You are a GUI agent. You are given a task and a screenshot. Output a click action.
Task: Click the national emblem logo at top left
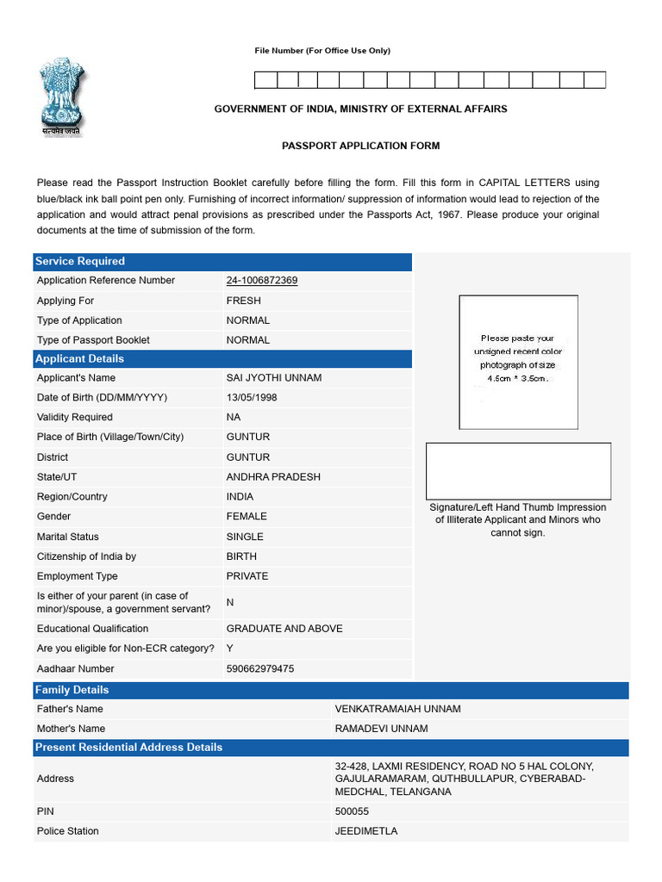click(x=59, y=96)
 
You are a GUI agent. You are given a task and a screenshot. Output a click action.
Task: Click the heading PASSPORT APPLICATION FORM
click(x=360, y=146)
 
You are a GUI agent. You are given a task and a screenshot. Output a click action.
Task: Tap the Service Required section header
click(x=79, y=261)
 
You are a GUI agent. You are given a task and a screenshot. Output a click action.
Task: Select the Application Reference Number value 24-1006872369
click(x=262, y=281)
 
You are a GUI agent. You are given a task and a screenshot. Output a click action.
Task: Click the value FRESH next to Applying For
click(x=243, y=301)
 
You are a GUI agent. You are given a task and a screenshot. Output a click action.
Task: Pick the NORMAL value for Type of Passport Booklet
click(x=247, y=340)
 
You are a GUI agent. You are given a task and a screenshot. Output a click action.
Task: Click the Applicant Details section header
click(x=78, y=358)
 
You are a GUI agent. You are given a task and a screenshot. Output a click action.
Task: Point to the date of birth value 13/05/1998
click(x=252, y=398)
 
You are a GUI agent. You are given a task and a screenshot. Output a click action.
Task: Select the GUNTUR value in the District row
click(x=247, y=457)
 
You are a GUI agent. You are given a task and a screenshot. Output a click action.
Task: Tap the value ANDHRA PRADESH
click(x=272, y=477)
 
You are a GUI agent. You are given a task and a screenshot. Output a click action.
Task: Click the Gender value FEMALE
click(x=247, y=517)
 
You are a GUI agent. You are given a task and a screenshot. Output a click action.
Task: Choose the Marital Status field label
click(x=67, y=537)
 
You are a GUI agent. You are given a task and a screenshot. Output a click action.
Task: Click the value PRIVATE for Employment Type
click(x=247, y=576)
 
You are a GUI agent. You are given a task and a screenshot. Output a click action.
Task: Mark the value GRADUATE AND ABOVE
click(x=284, y=629)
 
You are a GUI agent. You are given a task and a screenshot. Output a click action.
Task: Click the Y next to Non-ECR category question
click(x=230, y=649)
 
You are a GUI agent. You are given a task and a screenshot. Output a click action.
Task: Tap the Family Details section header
click(x=72, y=690)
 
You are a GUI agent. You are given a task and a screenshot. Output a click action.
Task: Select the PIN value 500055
click(x=351, y=811)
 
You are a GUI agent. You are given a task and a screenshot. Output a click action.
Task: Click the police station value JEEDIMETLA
click(x=365, y=831)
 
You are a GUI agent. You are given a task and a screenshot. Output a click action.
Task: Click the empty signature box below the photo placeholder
click(x=518, y=471)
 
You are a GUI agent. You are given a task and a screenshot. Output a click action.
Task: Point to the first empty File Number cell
click(x=265, y=80)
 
